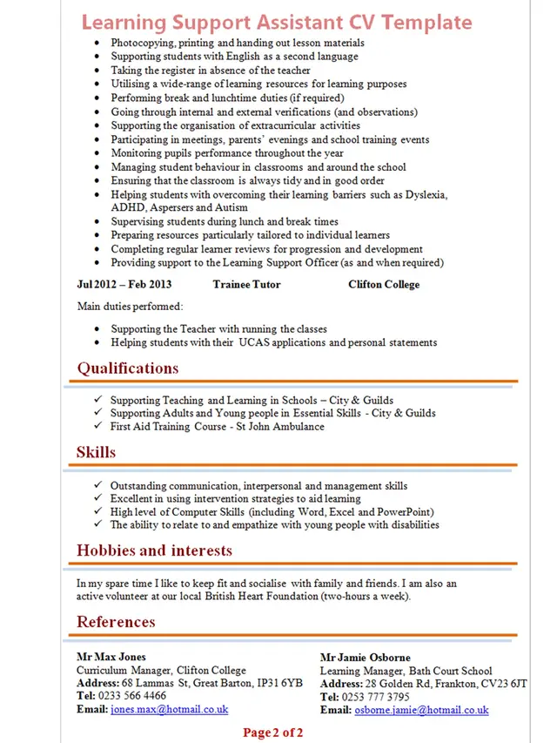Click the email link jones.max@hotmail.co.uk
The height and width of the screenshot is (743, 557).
169,710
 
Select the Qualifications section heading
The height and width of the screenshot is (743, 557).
128,368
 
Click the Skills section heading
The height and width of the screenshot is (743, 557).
96,453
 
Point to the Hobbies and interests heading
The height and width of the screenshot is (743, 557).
154,550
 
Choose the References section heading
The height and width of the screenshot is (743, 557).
116,622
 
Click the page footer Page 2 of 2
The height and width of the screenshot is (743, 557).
273,733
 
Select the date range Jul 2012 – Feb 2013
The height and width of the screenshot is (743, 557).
124,285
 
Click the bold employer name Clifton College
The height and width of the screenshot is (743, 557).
384,285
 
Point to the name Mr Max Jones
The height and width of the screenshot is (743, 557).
111,657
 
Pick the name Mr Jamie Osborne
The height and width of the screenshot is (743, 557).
365,658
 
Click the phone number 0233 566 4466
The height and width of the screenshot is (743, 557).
132,697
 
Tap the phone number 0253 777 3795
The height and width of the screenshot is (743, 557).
376,698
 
